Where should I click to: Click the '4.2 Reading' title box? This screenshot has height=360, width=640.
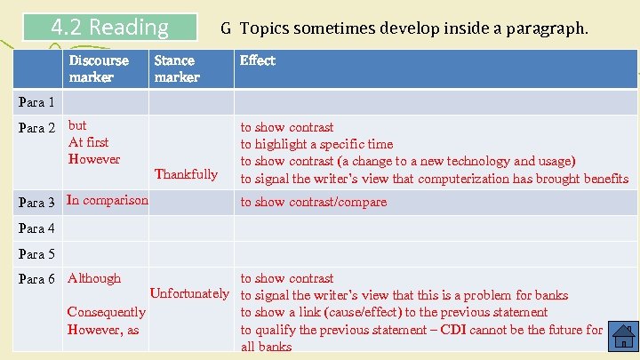coord(110,28)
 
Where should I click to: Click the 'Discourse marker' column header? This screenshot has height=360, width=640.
coord(98,68)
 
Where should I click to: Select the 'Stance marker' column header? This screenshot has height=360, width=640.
coord(176,68)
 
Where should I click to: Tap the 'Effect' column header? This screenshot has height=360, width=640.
coord(258,60)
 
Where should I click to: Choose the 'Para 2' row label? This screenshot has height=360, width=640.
coord(36,127)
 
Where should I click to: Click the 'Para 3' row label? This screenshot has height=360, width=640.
coord(36,202)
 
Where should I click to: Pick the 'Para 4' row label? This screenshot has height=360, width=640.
coord(36,228)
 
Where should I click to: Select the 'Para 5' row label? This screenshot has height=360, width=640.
coord(36,254)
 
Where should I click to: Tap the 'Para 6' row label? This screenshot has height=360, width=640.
coord(36,279)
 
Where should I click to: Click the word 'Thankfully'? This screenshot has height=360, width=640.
coord(186,174)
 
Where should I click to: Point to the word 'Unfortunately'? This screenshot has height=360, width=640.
coord(189,293)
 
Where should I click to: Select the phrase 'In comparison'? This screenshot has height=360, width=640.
coord(108,200)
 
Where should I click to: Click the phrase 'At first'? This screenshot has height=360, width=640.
coord(88,142)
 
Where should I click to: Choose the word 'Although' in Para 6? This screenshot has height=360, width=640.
coord(93,278)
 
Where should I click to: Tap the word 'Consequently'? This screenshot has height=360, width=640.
coord(106,312)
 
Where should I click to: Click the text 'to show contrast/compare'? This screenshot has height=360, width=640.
coord(314,202)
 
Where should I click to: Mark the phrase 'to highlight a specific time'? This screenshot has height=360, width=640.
coord(316,144)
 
